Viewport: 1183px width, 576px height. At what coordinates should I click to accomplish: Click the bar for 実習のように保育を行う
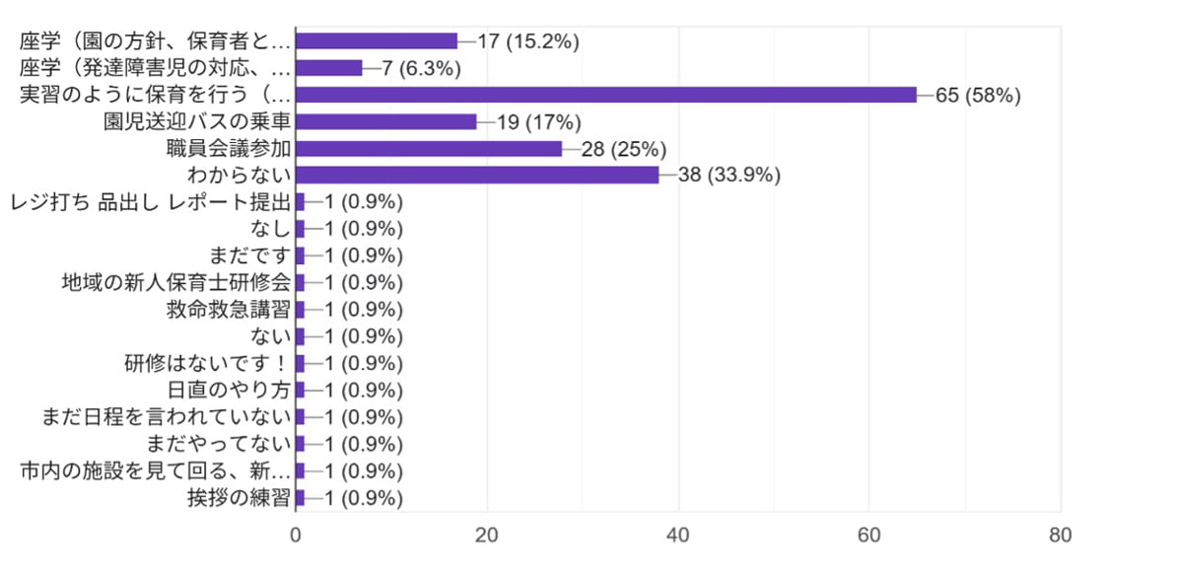coord(605,95)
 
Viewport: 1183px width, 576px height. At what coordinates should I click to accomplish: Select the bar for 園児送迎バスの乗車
coord(385,121)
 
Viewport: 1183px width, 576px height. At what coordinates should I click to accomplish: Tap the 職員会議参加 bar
coord(429,148)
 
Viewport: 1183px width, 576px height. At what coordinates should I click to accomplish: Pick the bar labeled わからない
coord(477,175)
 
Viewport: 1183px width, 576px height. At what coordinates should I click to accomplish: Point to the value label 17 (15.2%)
coord(527,41)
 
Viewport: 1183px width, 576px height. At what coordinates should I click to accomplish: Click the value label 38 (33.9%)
coord(731,176)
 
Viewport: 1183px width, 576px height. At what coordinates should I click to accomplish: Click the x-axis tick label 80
coord(1061,536)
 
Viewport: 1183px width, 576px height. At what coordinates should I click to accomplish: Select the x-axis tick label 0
coord(296,536)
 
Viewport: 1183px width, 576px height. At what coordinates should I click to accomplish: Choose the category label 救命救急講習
coord(229,310)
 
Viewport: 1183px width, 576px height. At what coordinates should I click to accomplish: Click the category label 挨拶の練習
coord(239,497)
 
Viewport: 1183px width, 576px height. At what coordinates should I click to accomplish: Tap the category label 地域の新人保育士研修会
coord(175,283)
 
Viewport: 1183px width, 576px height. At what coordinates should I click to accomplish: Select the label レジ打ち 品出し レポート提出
coord(150,202)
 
